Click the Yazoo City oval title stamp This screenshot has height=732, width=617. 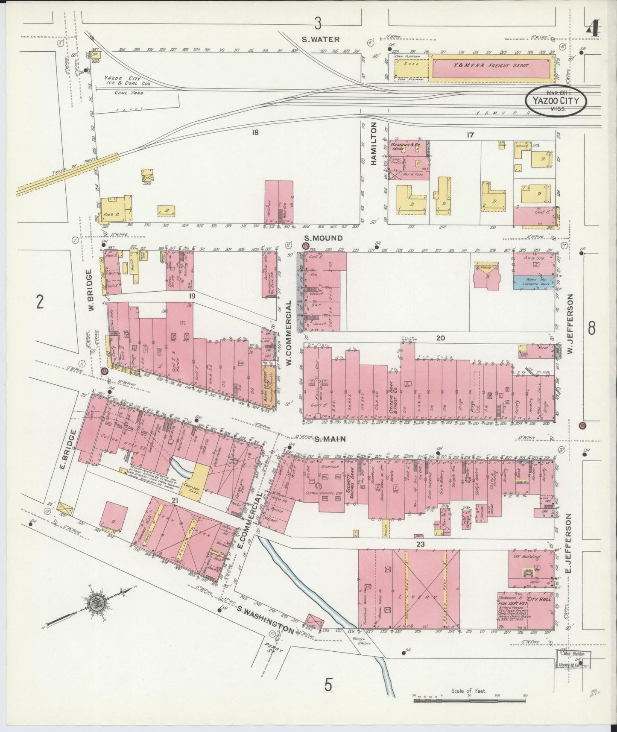pos(556,101)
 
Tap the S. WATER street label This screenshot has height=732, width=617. pos(320,39)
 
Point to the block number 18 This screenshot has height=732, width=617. pos(255,133)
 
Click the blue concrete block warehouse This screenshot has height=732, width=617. pos(534,282)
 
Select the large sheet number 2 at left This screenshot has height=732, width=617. pos(40,302)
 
